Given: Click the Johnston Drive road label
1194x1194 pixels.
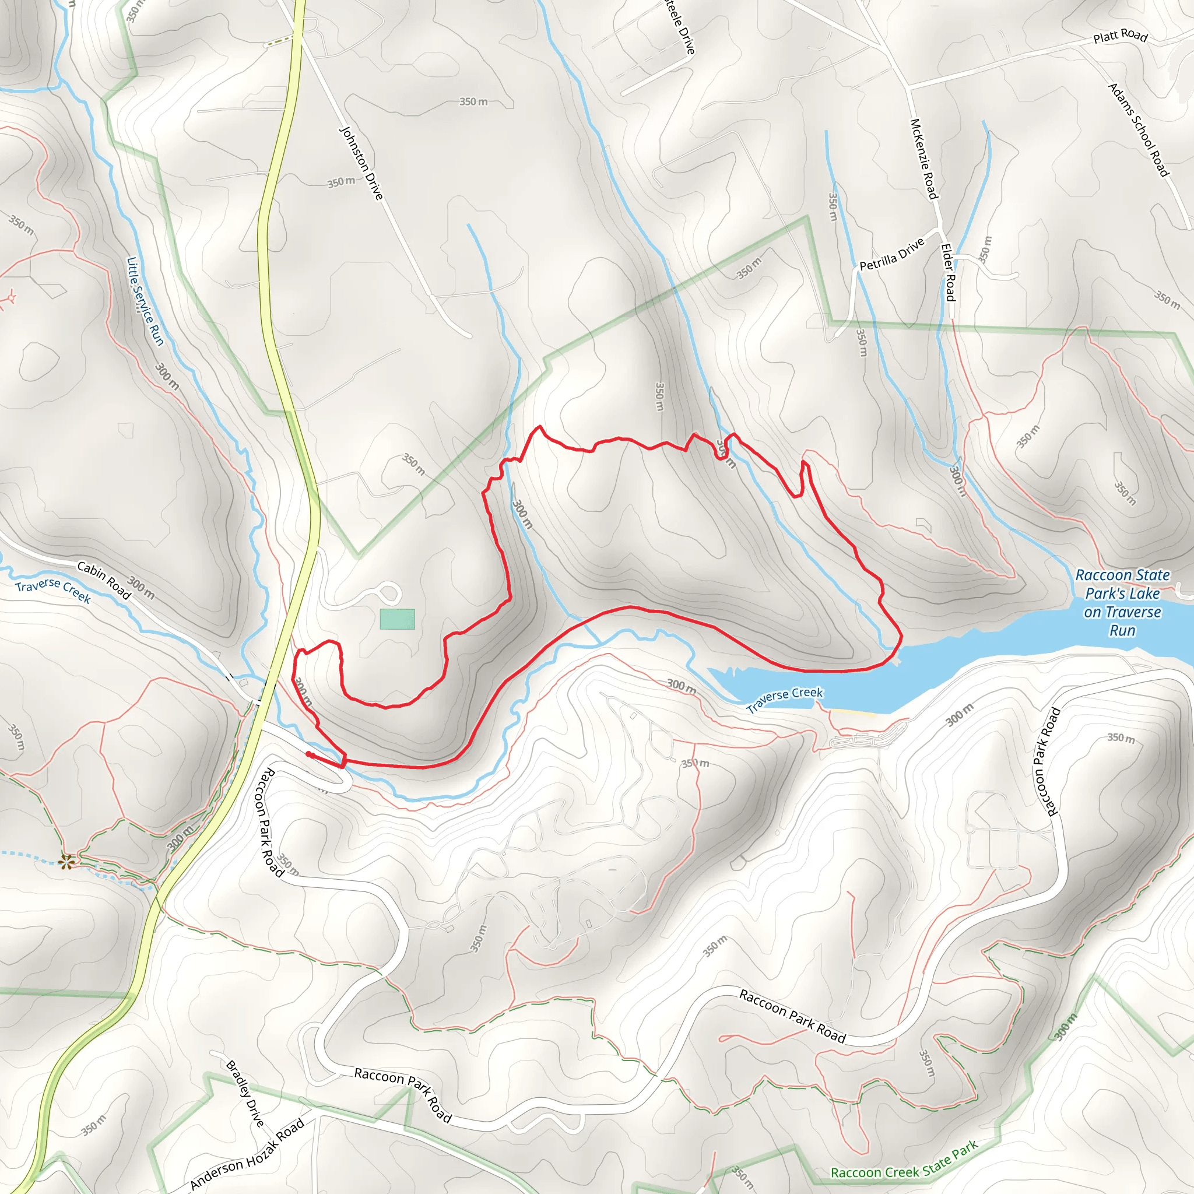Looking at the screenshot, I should [x=362, y=163].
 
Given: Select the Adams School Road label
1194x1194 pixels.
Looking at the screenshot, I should [x=1139, y=131].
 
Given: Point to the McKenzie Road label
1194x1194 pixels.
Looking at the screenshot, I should [x=924, y=159].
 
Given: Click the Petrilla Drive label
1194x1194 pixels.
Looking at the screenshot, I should [x=892, y=254].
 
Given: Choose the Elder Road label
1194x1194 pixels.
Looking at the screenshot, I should [x=948, y=272].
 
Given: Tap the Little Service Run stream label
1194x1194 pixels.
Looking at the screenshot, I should [x=145, y=301].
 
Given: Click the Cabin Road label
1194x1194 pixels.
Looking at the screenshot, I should [x=104, y=580].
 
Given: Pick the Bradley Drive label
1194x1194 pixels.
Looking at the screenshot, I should [x=245, y=1094].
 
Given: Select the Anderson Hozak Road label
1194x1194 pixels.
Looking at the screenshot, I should [x=247, y=1154].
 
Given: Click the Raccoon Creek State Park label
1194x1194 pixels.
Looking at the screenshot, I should [x=904, y=1160].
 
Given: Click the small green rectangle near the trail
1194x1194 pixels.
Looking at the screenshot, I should [x=398, y=619].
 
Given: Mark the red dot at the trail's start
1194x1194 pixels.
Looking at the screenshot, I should [x=308, y=754].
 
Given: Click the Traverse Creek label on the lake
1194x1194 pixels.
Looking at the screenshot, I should [x=784, y=700].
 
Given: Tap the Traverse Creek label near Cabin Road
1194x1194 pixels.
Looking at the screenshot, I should [x=53, y=591].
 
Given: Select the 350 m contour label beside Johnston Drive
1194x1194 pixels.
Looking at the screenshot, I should [x=341, y=182].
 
